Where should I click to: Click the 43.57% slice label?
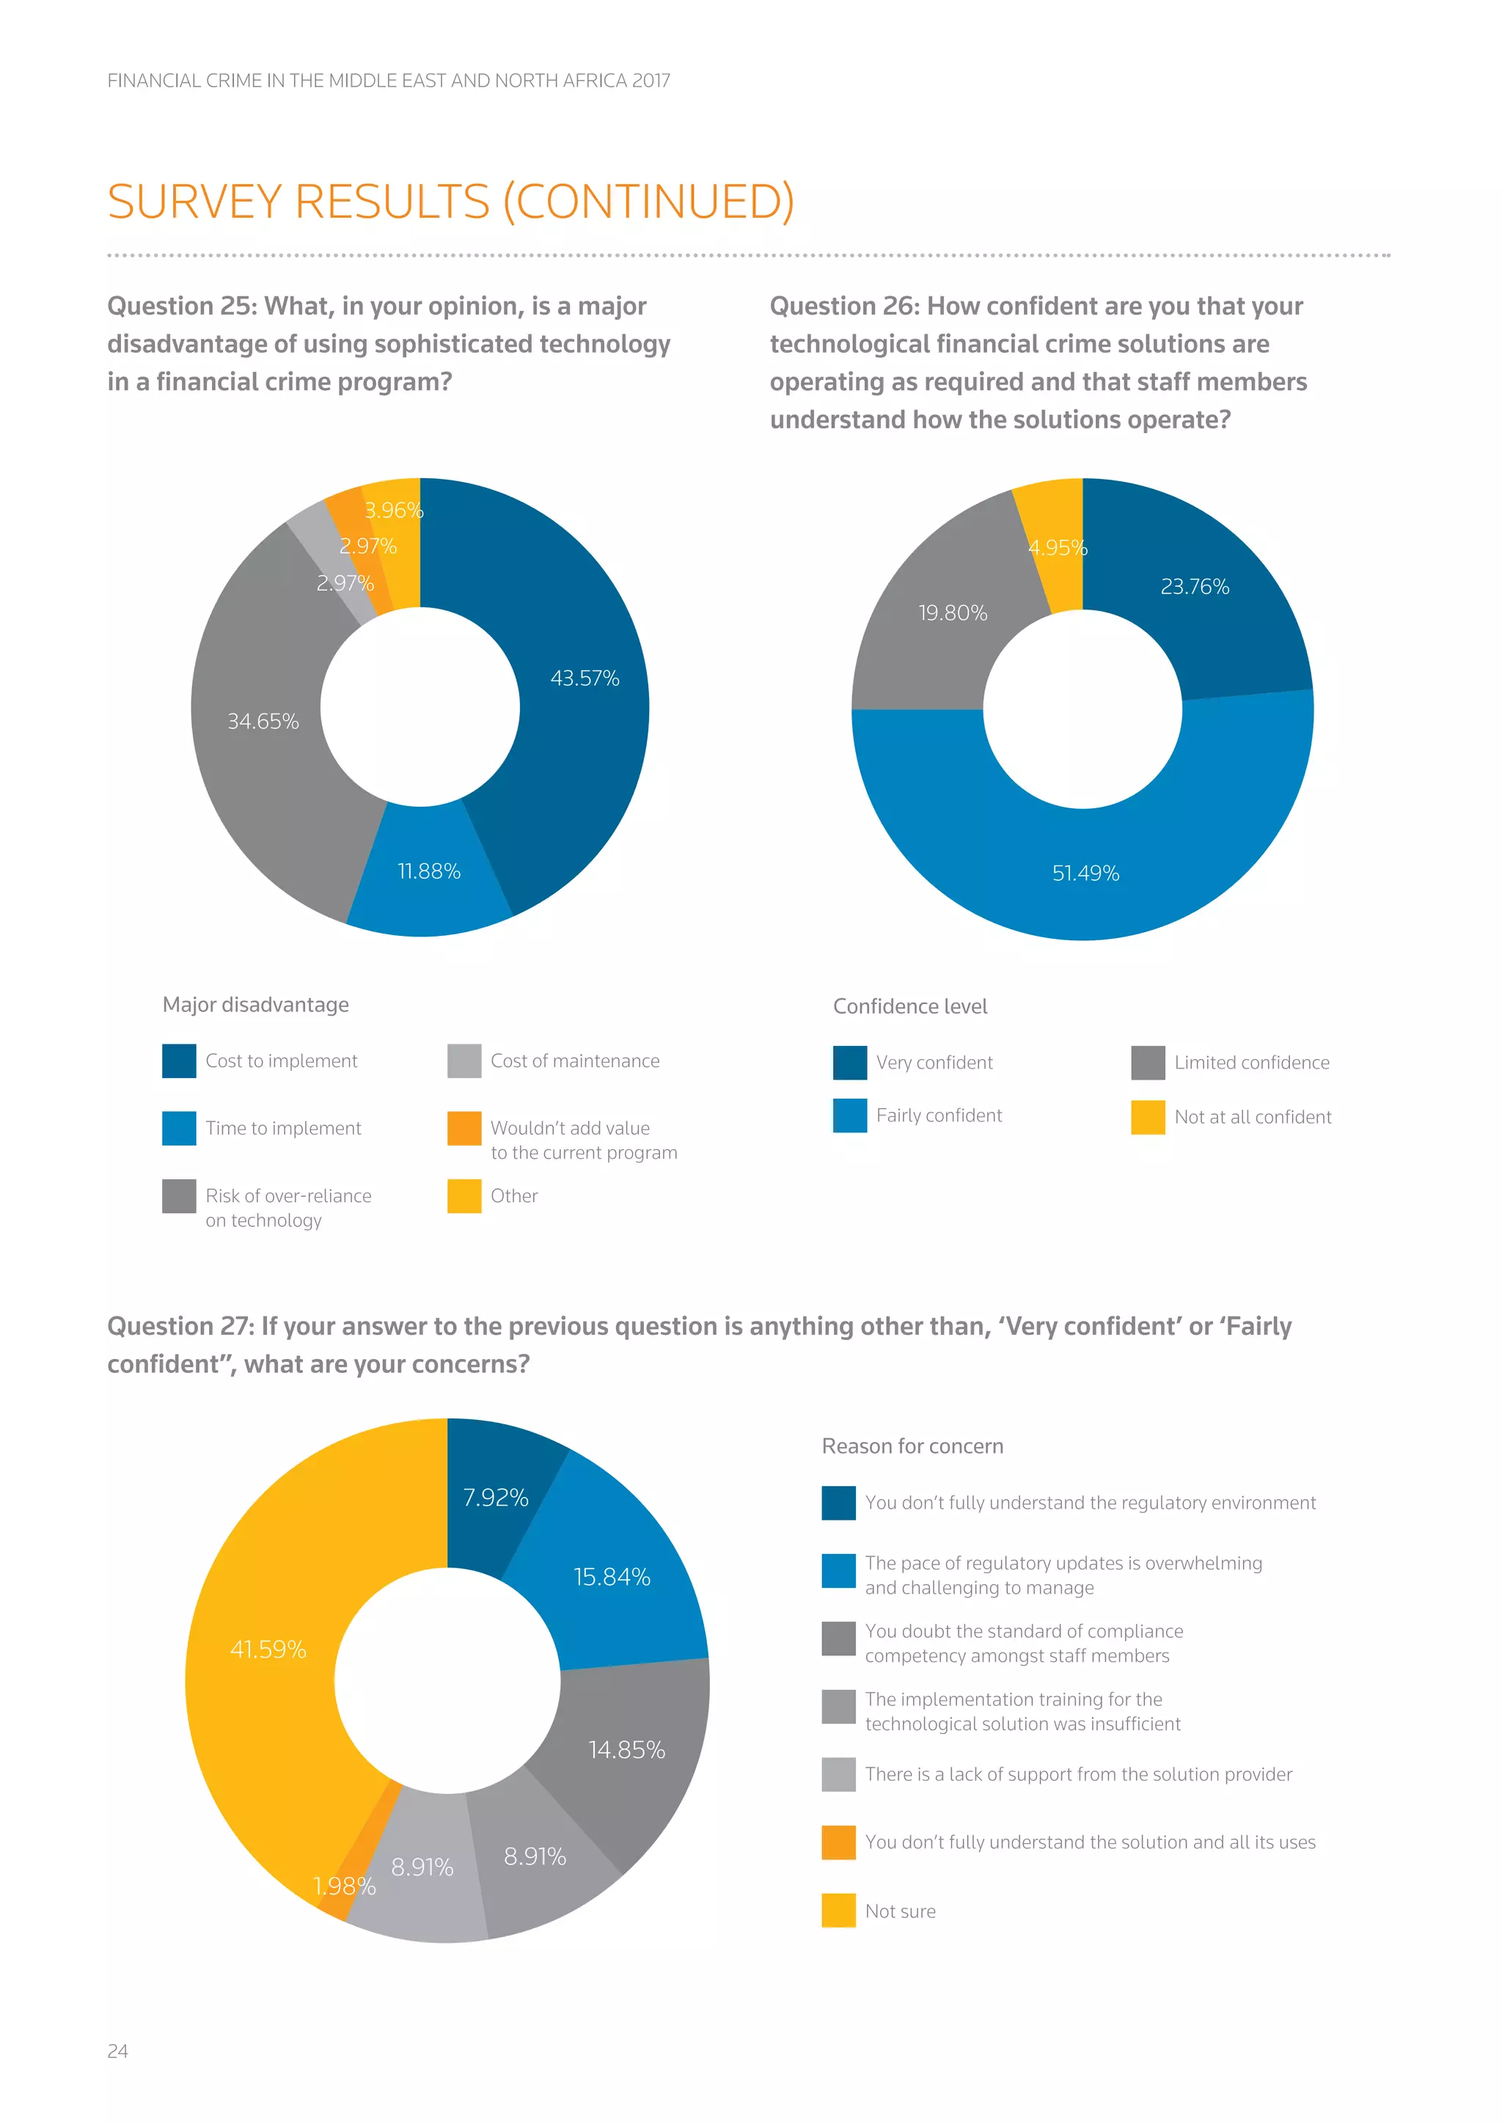click(585, 678)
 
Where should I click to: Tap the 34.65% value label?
click(263, 721)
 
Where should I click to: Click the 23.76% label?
click(1194, 587)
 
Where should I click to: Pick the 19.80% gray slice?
click(953, 612)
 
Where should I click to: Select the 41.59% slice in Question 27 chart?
click(268, 1649)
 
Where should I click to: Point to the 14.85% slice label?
click(626, 1749)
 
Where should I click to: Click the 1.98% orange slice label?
click(344, 1886)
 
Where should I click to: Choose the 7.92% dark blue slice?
click(495, 1498)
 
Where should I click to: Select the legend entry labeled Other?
click(513, 1195)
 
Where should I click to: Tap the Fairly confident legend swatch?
click(849, 1116)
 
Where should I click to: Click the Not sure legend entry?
click(899, 1911)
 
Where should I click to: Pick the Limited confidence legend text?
click(1251, 1062)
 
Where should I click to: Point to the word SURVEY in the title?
click(194, 202)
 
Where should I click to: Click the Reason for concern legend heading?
click(912, 1446)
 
